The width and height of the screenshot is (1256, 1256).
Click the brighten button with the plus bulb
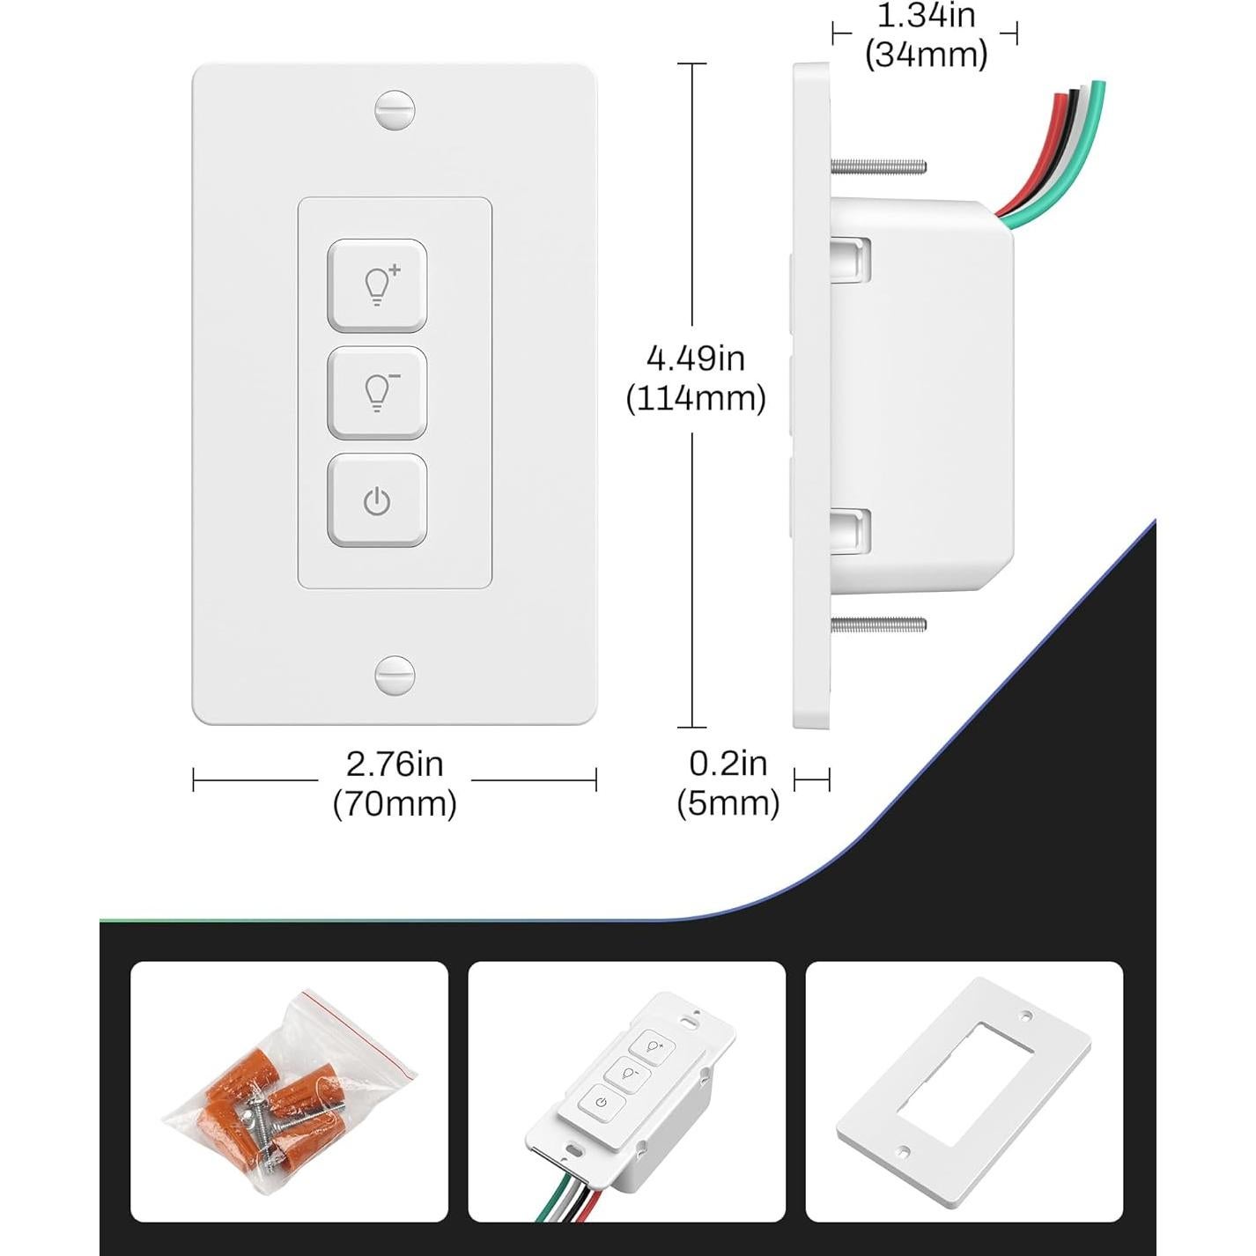coord(377,285)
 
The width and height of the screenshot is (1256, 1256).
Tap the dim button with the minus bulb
coord(377,393)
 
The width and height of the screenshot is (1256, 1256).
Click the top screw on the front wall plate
coord(394,111)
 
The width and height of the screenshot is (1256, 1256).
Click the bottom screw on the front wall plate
coord(394,676)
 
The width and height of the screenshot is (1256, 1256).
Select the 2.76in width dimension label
coord(394,764)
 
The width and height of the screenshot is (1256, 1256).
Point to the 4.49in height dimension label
coord(695,358)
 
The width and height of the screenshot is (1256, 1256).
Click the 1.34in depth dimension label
coord(926,16)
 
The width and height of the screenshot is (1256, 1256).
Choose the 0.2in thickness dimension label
coord(728,764)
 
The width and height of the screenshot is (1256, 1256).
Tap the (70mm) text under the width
coord(394,803)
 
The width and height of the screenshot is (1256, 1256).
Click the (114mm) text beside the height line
coord(695,399)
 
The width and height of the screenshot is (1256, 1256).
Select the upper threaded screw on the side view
coord(878,165)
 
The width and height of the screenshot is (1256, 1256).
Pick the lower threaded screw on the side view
coord(878,624)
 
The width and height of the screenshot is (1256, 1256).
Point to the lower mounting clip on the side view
coord(852,532)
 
